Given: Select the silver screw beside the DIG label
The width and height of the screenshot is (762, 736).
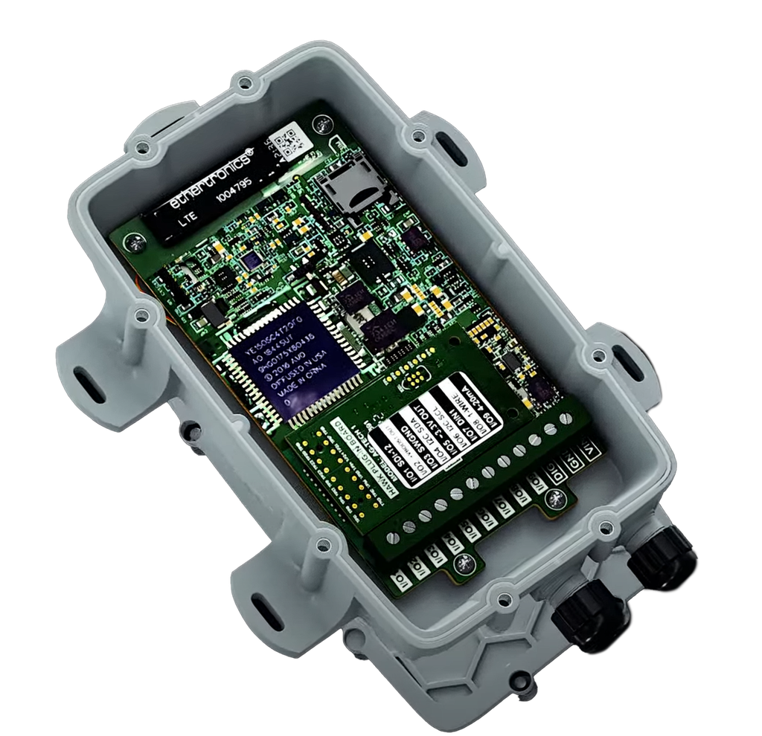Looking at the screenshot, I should pyautogui.click(x=552, y=497).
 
